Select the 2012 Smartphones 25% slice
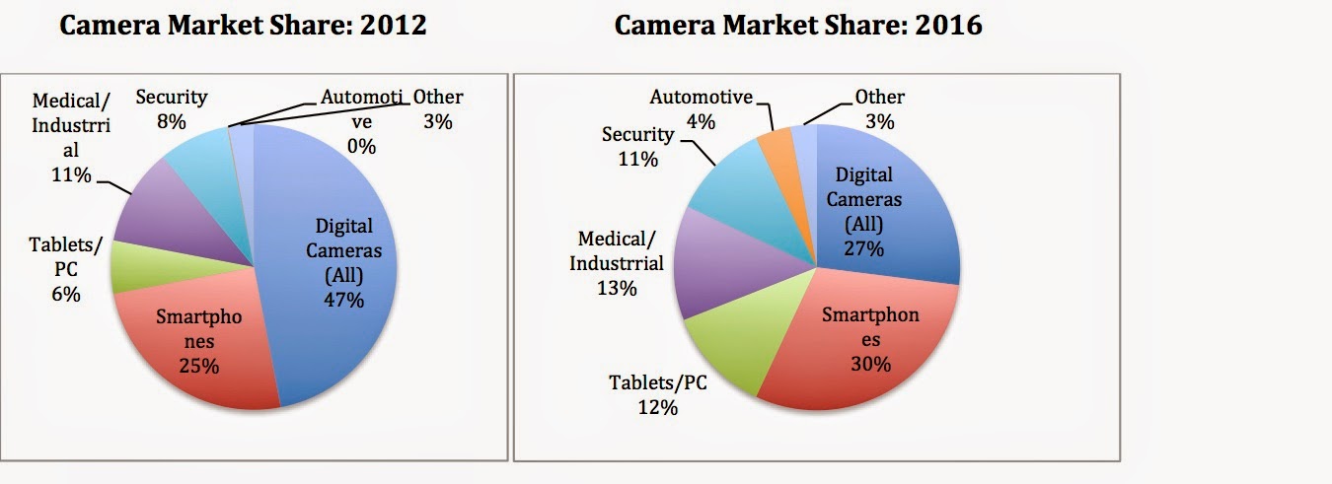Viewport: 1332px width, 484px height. point(197,345)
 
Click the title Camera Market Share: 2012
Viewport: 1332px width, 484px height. point(243,26)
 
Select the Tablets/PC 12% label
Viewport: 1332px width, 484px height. point(656,394)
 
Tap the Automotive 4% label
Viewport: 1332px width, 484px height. point(701,108)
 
